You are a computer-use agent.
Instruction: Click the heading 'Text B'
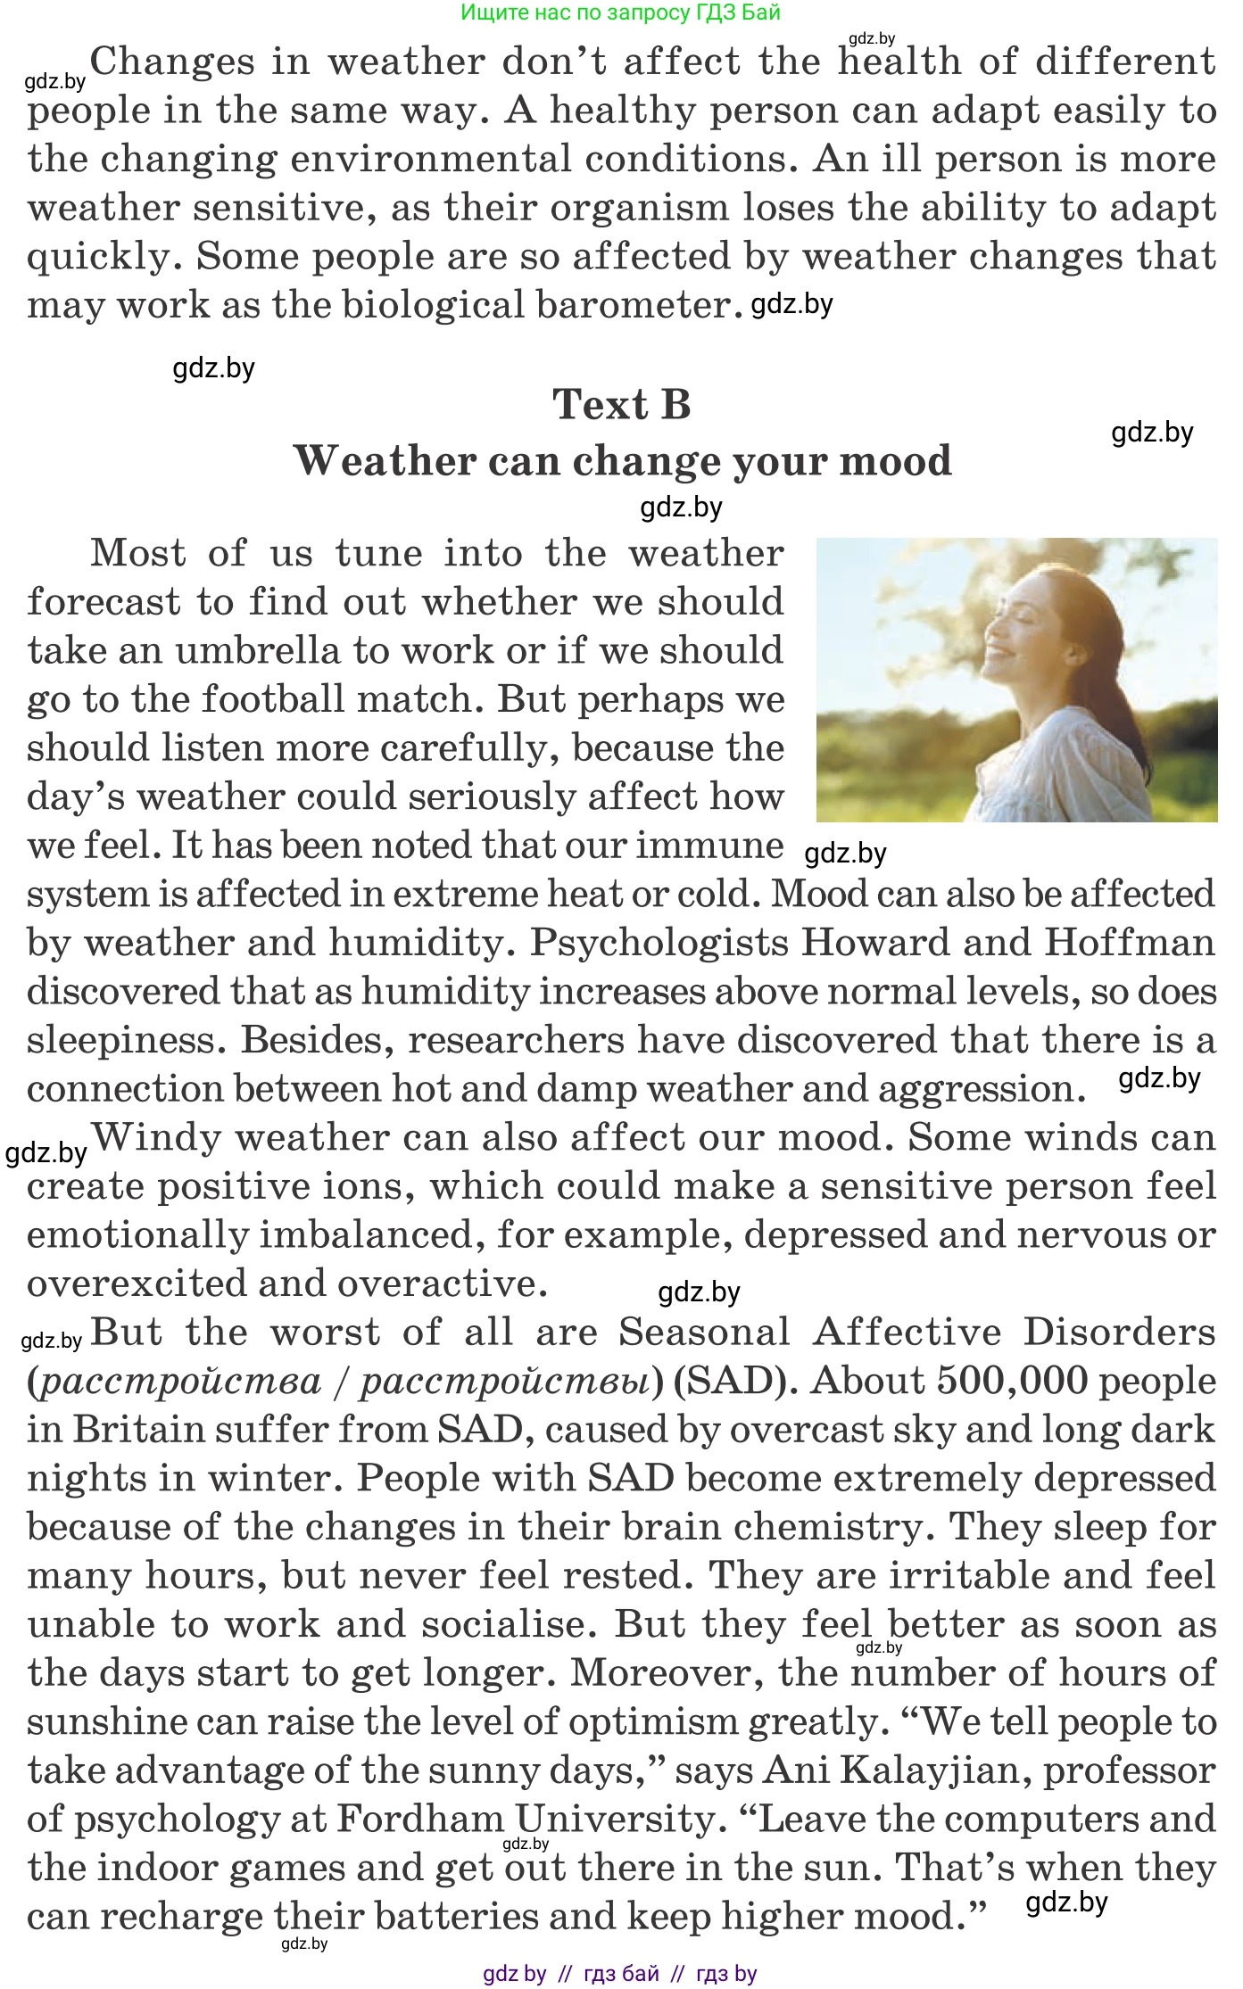pyautogui.click(x=621, y=404)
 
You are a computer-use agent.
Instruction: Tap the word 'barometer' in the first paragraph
pyautogui.click(x=633, y=305)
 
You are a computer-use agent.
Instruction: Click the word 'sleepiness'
pyautogui.click(x=121, y=1040)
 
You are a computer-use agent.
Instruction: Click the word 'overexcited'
pyautogui.click(x=135, y=1283)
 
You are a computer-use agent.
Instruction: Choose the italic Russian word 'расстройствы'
pyautogui.click(x=505, y=1381)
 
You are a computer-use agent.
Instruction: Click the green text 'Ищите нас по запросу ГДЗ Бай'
pyautogui.click(x=620, y=12)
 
